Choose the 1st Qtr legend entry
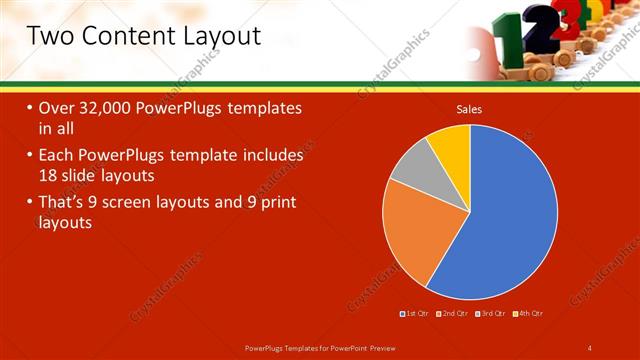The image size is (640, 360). [x=416, y=313]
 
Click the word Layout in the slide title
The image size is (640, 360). [x=215, y=37]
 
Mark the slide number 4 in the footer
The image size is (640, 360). [x=591, y=347]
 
